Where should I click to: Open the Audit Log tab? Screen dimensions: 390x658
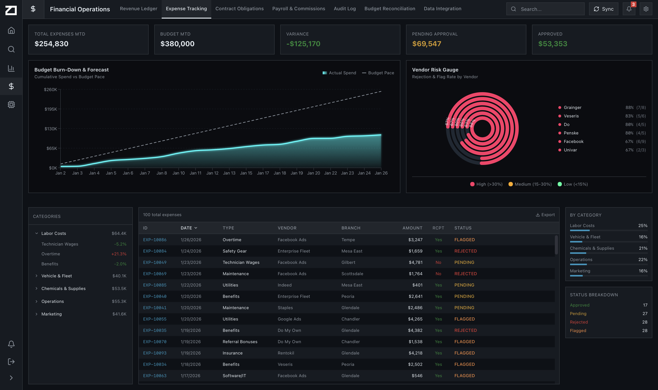(345, 9)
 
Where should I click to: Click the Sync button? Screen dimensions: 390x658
(603, 9)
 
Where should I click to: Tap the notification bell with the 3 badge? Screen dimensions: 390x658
(629, 9)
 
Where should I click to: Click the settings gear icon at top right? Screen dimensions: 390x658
(646, 9)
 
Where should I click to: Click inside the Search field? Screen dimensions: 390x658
(549, 9)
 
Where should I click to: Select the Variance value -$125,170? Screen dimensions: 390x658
(303, 44)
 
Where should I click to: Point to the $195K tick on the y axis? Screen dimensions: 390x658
(51, 109)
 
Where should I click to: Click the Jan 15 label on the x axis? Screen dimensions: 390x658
(246, 173)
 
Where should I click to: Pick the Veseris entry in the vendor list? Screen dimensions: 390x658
(571, 116)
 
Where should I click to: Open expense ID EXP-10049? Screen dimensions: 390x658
(154, 262)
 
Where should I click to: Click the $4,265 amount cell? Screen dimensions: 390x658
(415, 319)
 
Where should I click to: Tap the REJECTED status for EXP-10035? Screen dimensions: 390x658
(465, 330)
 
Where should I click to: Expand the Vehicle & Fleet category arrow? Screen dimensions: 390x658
(37, 276)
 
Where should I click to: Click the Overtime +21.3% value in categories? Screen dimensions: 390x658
(119, 254)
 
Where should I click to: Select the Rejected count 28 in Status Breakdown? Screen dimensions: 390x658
(644, 322)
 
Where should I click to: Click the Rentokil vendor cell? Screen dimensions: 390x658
(286, 353)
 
